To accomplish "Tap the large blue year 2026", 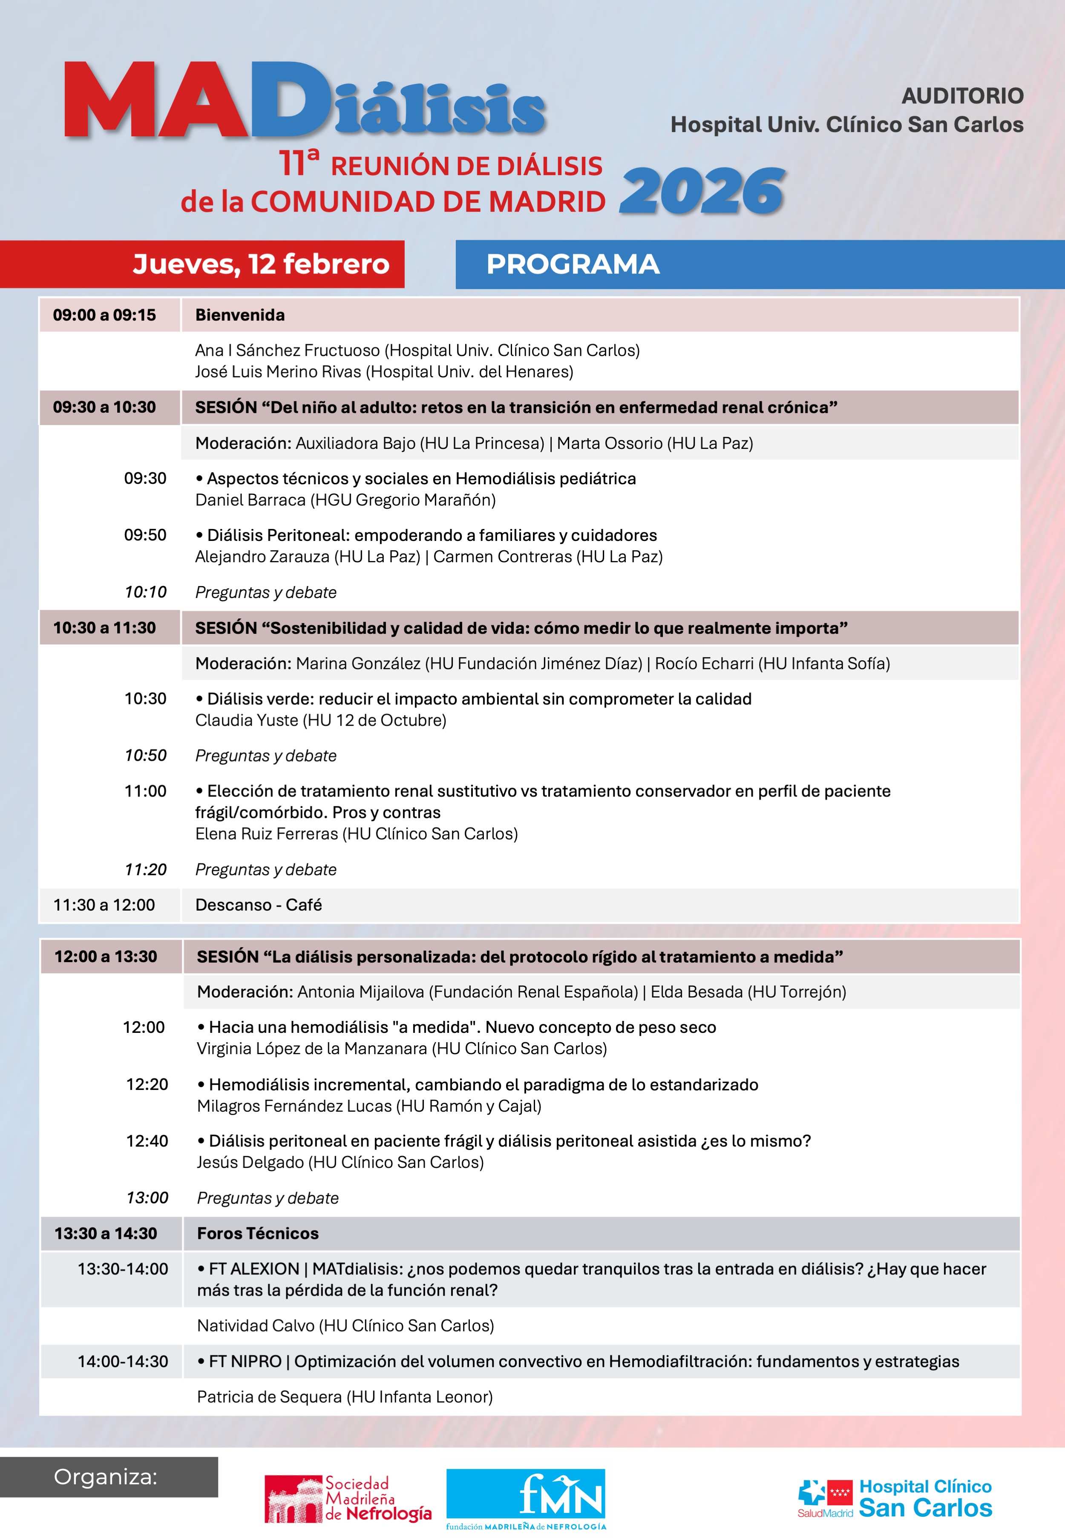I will [702, 192].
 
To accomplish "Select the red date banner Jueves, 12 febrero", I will [261, 264].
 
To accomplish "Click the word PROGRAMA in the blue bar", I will [573, 264].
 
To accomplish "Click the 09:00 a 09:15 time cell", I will [105, 315].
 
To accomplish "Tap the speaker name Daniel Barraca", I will [250, 500].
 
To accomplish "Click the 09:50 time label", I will [145, 535].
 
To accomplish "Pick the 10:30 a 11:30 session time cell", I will [105, 628].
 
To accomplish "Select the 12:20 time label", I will [147, 1084].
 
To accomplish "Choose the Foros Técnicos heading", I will [258, 1233].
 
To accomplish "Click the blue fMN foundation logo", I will [526, 1497].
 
